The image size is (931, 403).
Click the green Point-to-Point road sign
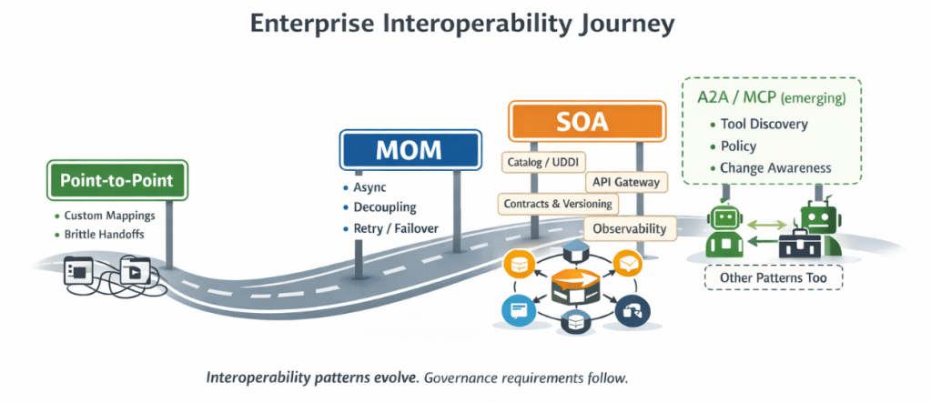pyautogui.click(x=116, y=181)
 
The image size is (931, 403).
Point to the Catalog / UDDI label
pyautogui.click(x=539, y=162)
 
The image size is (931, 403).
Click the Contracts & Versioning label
pyautogui.click(x=558, y=204)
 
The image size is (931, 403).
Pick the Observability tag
pyautogui.click(x=630, y=228)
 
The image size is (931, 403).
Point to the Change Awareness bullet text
pyautogui.click(x=774, y=168)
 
